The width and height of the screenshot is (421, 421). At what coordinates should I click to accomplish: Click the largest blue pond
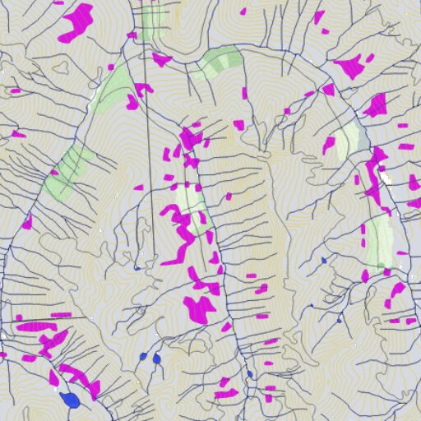pyautogui.click(x=70, y=400)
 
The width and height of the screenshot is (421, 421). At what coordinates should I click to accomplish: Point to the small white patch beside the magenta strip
pyautogui.click(x=385, y=176)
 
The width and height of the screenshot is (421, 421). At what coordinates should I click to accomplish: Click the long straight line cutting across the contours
pyautogui.click(x=148, y=164)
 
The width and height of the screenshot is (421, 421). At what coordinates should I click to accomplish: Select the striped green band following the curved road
pyautogui.click(x=219, y=62)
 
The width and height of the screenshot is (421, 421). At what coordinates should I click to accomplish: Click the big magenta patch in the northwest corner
pyautogui.click(x=76, y=23)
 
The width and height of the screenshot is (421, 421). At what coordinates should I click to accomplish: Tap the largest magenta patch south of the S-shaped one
pyautogui.click(x=198, y=308)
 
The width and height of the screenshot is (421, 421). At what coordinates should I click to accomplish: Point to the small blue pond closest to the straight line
pyautogui.click(x=136, y=267)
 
